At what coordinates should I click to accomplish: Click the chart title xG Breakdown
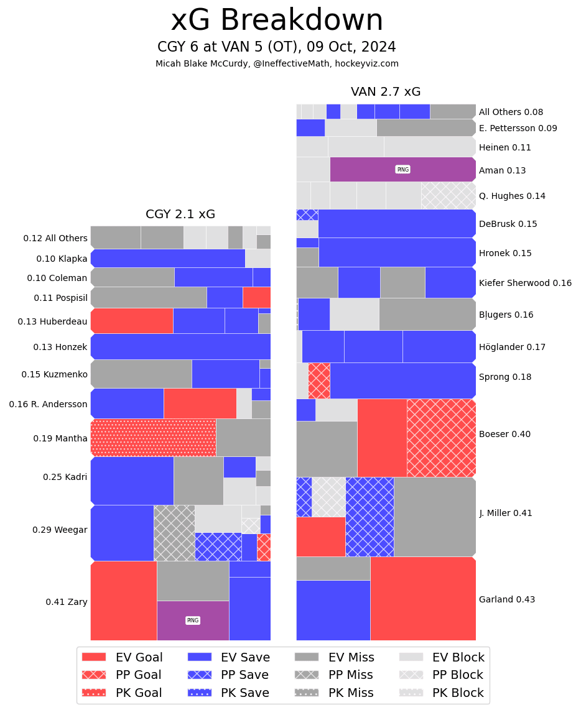coord(277,21)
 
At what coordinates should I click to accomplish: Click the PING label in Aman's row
coord(402,170)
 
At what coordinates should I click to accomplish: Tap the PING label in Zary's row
coord(193,620)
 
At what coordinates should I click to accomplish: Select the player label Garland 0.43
coord(506,599)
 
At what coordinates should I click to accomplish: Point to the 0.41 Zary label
coord(66,602)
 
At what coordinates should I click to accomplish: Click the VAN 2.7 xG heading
coord(386,92)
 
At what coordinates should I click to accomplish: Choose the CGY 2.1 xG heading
coord(180,214)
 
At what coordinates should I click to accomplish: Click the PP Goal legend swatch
coord(94,675)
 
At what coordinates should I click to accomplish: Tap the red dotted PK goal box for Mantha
coord(153,438)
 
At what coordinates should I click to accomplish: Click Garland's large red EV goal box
coord(423,598)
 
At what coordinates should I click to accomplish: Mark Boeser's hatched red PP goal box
coord(441,438)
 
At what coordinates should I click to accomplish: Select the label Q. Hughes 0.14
coord(511,196)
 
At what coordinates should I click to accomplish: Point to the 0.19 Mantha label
coord(60,438)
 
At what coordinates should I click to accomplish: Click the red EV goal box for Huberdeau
coord(132,321)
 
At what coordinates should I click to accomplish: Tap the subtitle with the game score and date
coord(277,47)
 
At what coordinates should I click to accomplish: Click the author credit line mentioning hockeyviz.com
coord(277,63)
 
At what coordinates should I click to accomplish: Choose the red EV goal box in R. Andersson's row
coord(200,403)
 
